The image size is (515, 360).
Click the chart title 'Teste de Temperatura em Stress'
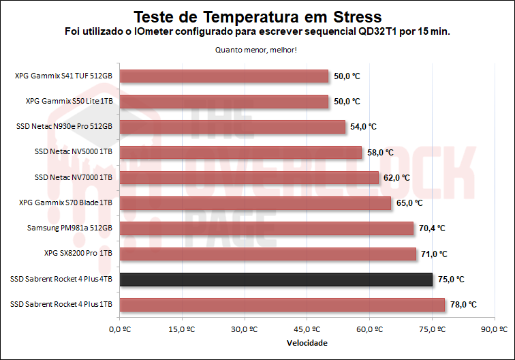257,16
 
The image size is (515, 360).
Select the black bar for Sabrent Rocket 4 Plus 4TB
276,280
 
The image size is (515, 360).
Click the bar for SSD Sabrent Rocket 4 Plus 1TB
282,305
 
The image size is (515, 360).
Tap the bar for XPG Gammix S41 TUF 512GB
224,76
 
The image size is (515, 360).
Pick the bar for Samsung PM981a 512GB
266,228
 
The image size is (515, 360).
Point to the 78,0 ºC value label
463,305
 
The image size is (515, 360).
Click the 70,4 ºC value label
431,228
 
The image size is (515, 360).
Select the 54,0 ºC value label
362,127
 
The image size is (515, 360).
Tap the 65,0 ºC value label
409,203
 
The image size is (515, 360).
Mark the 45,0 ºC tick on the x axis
307,329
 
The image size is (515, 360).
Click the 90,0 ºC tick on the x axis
494,329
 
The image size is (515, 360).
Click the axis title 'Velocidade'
307,343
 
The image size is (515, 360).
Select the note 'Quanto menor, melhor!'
256,49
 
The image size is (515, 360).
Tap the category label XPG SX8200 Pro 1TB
78,254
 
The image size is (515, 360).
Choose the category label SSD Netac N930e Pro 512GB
63,127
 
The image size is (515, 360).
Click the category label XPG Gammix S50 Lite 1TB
69,101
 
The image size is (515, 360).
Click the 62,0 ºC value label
396,177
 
